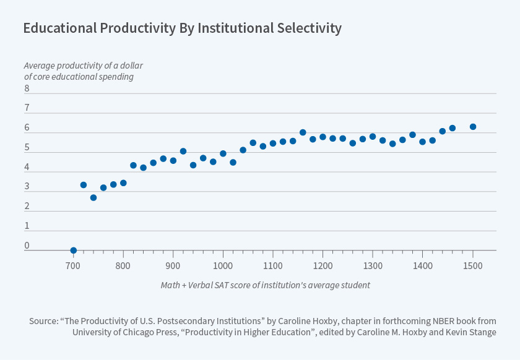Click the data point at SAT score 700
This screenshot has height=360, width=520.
74,251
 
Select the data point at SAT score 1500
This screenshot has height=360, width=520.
473,127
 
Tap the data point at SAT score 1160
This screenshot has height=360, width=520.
303,132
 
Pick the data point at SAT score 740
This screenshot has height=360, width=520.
93,198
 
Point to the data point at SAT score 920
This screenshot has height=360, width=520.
183,151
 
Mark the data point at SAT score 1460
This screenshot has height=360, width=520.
453,128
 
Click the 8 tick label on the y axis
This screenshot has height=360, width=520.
27,88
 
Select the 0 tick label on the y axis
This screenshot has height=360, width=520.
27,246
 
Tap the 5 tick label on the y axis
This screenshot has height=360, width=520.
27,148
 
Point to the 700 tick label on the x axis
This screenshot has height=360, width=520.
74,265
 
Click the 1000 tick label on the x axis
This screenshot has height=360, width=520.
223,265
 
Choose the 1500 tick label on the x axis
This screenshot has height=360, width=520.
473,265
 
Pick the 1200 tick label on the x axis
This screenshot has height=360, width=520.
323,265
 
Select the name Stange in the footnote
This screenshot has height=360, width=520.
482,332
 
